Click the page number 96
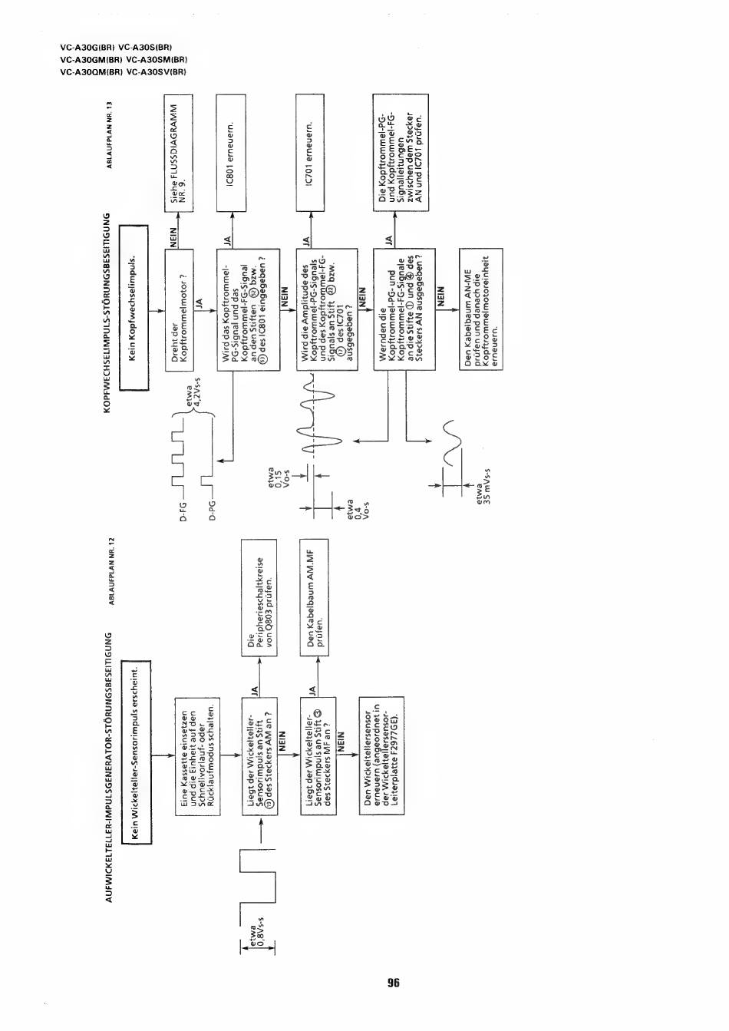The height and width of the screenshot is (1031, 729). [394, 983]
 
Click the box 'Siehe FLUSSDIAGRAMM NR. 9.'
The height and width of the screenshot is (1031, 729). [178, 153]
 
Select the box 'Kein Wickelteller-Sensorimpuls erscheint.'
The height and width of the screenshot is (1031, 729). [139, 752]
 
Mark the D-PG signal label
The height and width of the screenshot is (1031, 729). [212, 511]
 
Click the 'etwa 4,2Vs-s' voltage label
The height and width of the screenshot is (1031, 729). [193, 396]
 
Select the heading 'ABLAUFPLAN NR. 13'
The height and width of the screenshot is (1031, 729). [110, 134]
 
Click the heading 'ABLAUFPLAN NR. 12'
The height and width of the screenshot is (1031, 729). [112, 571]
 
